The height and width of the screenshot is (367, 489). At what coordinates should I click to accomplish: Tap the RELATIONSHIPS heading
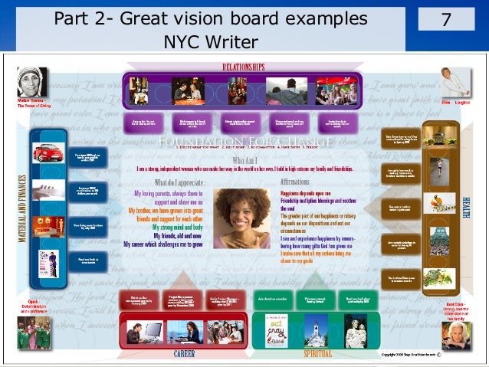(244, 67)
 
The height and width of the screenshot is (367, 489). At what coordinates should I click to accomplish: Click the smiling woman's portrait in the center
(241, 217)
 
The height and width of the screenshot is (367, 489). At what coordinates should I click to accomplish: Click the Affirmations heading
(295, 182)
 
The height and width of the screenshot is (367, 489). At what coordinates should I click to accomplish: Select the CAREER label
(183, 354)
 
